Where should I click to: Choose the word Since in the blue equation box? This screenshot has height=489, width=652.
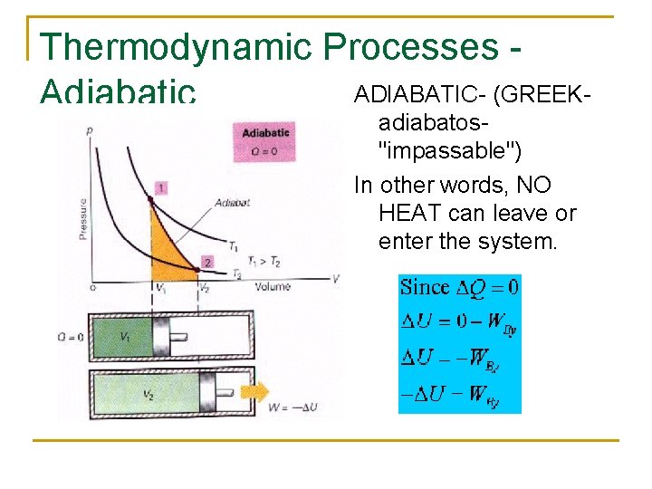coord(425,288)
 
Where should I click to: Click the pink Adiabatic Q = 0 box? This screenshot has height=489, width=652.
coord(265,141)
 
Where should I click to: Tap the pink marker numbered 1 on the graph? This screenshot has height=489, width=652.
coord(160,187)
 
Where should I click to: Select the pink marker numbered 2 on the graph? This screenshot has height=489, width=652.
coord(206,262)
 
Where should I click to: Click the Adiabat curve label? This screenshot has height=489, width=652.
coord(232,202)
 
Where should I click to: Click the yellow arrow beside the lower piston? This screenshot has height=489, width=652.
coord(254,392)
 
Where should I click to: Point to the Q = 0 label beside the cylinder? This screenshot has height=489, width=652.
coord(75,336)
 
